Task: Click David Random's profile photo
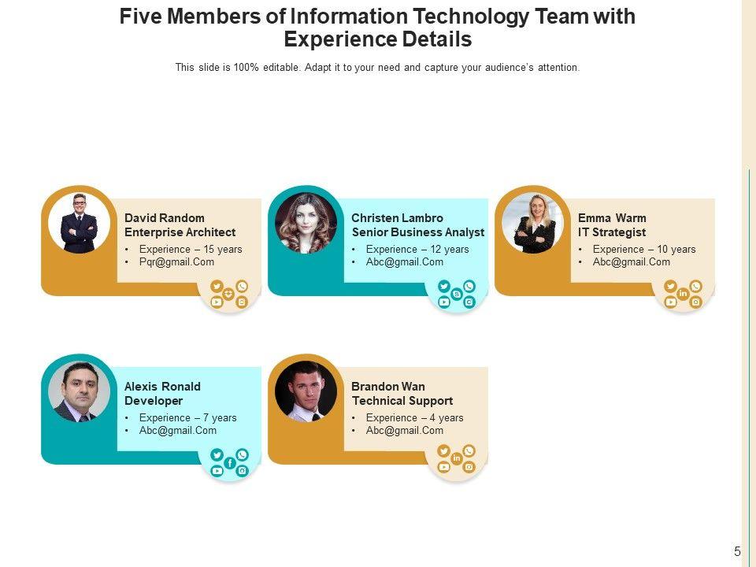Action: (79, 223)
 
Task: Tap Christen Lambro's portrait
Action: (306, 223)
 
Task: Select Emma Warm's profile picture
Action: (532, 223)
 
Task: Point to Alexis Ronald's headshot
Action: (79, 391)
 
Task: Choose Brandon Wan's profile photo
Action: (306, 391)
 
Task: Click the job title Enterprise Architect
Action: (180, 232)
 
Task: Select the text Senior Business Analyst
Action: (417, 232)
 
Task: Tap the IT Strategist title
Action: (611, 232)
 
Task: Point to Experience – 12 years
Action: (417, 250)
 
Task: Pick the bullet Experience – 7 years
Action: (187, 418)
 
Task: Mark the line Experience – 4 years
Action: (414, 418)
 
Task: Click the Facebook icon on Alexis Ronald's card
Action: (229, 463)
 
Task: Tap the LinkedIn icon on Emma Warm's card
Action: (683, 295)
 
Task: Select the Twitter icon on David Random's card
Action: (217, 287)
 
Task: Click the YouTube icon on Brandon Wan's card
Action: (444, 467)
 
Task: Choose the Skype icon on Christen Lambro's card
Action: (457, 295)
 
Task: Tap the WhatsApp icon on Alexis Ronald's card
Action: (242, 454)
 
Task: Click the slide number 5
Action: (737, 552)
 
